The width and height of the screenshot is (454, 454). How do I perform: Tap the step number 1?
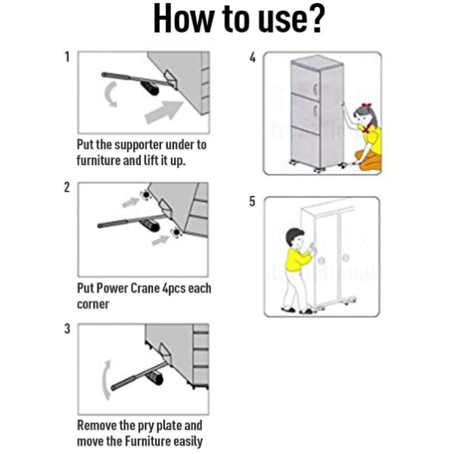pos(67,57)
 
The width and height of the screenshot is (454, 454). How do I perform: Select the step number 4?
pos(253,57)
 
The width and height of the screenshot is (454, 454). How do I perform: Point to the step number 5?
pos(253,201)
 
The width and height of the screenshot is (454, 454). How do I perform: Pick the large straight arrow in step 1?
pos(163,112)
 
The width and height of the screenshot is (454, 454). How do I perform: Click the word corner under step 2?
pos(93,305)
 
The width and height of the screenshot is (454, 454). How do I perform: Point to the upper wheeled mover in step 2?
pos(146,195)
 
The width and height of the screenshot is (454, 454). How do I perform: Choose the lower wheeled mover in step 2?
pos(176,232)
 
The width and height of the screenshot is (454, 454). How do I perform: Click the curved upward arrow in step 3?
pos(105,380)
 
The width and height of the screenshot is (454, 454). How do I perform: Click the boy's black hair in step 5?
pos(293,235)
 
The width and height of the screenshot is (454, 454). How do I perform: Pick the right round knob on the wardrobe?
pos(345,257)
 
